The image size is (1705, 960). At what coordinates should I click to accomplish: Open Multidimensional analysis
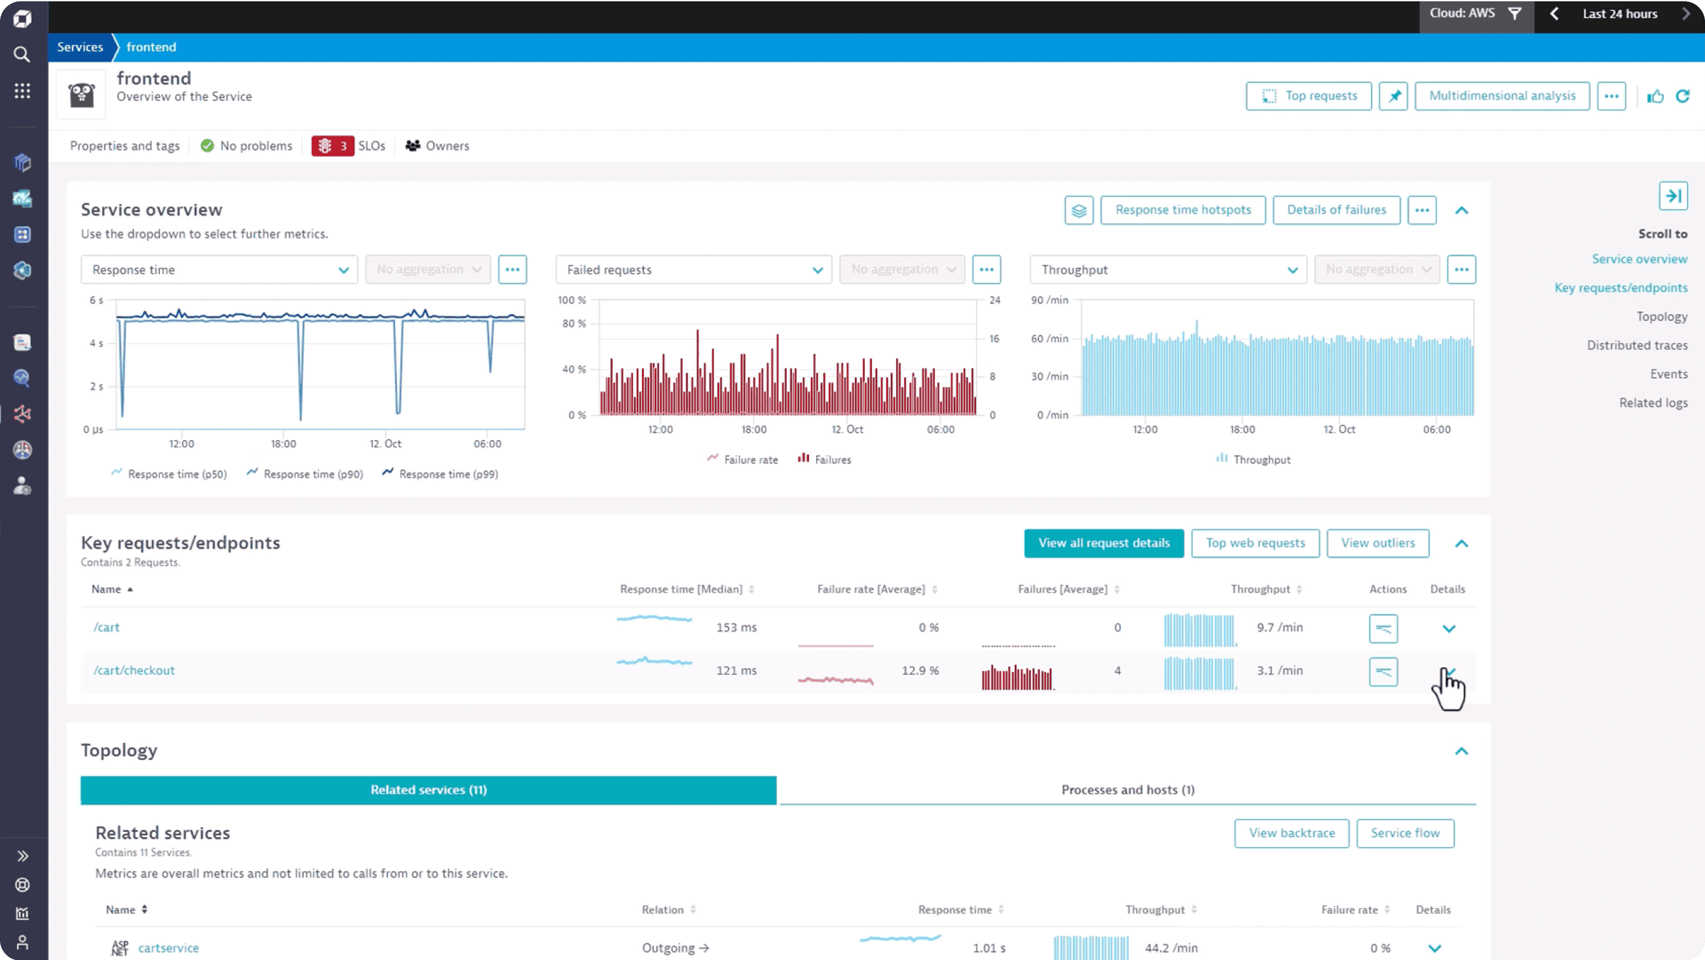[x=1502, y=96]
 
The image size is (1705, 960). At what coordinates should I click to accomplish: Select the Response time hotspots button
[x=1182, y=210]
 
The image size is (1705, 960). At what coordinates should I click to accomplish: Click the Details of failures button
[x=1336, y=210]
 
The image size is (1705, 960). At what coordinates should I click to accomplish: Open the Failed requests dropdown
[x=693, y=270]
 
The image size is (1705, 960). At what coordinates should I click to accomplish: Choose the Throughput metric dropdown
[x=1168, y=270]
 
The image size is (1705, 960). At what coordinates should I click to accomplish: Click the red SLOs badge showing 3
[x=333, y=146]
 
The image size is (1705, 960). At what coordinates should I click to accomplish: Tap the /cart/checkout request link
[x=135, y=670]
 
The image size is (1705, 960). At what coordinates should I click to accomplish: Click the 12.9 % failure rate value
[x=920, y=670]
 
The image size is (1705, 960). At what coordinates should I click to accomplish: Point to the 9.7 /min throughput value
[x=1279, y=627]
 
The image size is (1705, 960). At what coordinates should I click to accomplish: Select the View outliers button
[x=1378, y=543]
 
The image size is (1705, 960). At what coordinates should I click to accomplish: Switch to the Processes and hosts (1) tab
[x=1127, y=790]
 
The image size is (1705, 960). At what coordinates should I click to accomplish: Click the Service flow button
[x=1405, y=833]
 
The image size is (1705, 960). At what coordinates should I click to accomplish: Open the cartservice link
[x=168, y=948]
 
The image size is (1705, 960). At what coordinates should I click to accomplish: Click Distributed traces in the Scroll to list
[x=1636, y=345]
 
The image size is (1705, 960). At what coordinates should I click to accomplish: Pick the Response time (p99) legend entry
[x=448, y=474]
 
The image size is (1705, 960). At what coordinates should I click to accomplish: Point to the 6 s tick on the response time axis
[x=97, y=300]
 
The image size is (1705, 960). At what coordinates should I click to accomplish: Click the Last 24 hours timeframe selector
[x=1619, y=14]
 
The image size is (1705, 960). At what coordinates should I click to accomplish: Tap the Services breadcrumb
[x=80, y=47]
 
